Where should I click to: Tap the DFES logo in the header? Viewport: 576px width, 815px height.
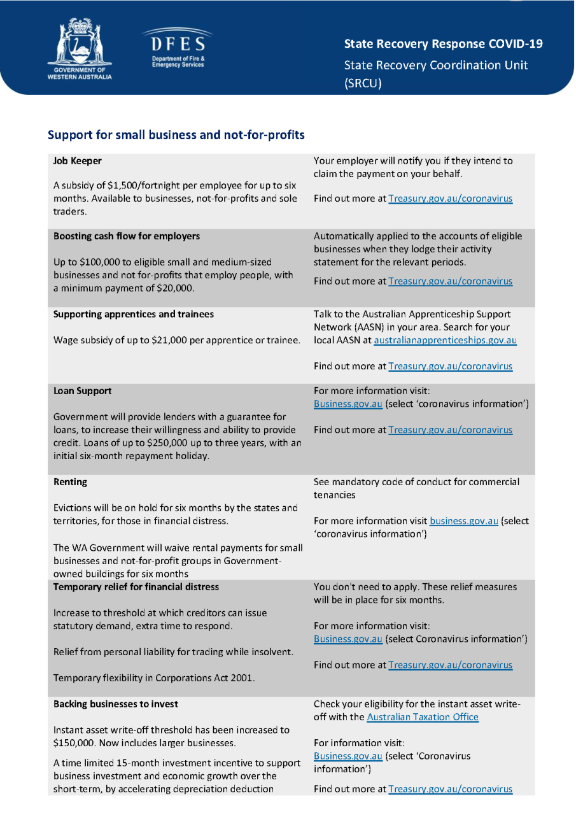pos(178,49)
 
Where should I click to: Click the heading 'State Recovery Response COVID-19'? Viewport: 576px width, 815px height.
pos(443,44)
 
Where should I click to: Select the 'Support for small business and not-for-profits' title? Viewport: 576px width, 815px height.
pos(176,135)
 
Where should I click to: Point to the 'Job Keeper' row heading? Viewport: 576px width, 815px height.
pos(78,161)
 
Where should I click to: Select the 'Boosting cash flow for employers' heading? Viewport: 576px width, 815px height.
pos(127,236)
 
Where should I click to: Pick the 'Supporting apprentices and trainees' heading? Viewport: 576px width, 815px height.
pos(134,315)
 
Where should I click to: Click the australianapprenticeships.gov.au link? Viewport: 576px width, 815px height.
pos(445,340)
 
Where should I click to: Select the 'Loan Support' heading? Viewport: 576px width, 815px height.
pos(82,391)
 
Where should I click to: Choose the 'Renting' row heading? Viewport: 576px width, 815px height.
pos(70,482)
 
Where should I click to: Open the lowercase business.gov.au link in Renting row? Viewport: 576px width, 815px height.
pos(463,521)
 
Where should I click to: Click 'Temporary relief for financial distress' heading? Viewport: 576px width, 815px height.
pos(136,586)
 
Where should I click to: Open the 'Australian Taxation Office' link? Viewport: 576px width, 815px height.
pos(423,717)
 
